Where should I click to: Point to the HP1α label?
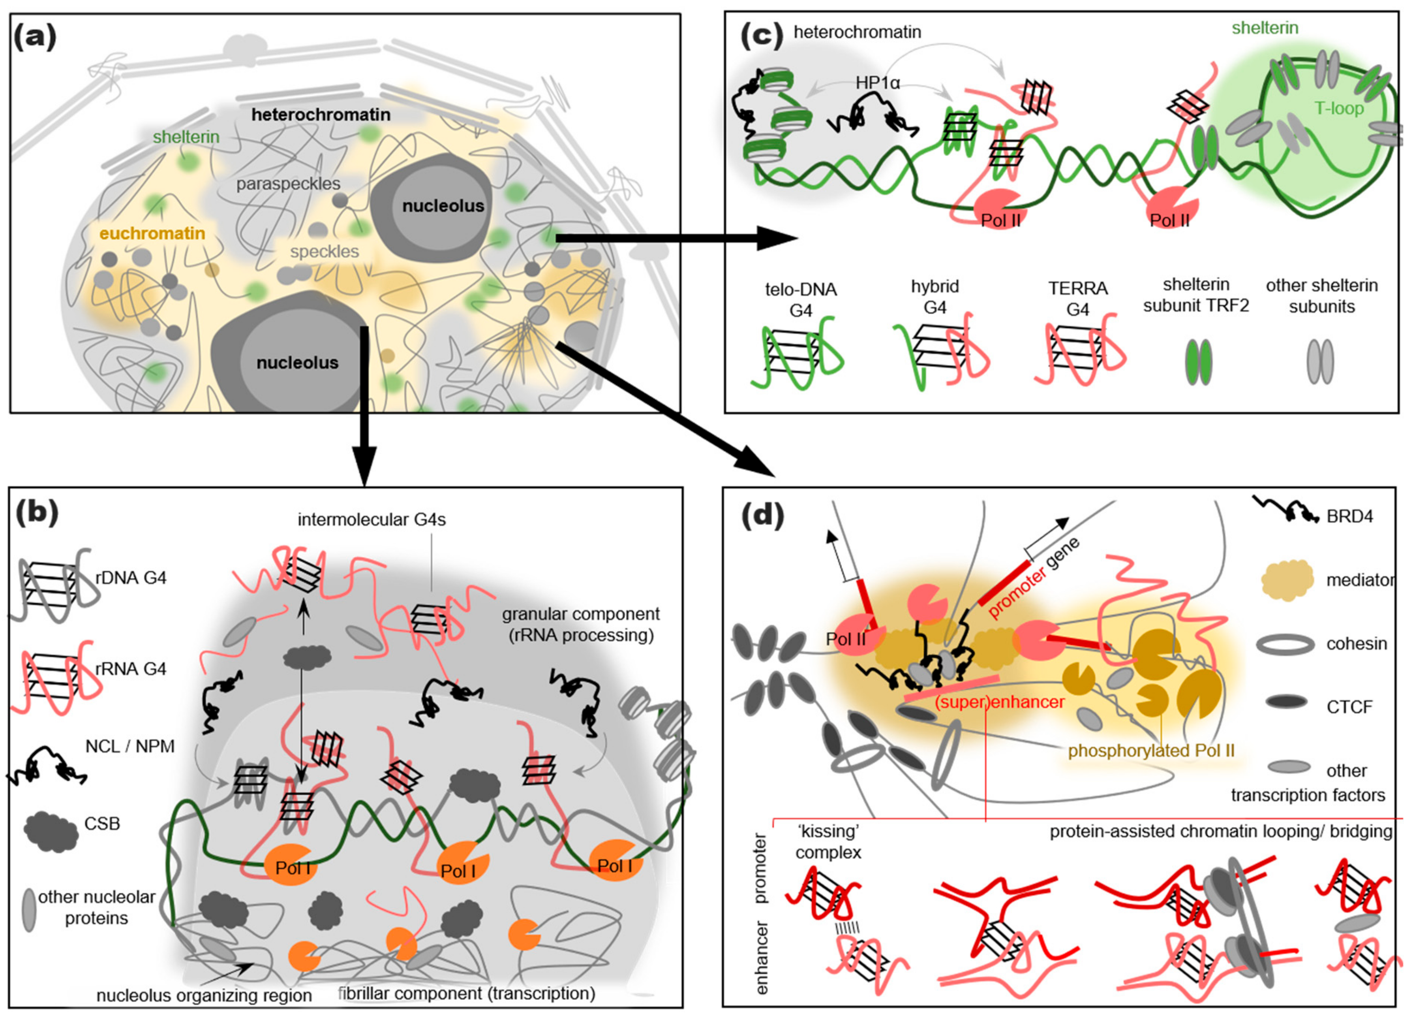coord(877,82)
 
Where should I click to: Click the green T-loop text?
coord(1338,109)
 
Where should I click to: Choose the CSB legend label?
coord(102,824)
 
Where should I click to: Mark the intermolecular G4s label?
coord(372,519)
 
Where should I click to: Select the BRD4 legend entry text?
coord(1349,516)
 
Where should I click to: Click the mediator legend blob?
coord(1287,580)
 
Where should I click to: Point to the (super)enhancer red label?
coord(999,702)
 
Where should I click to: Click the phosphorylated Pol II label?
coord(1151,751)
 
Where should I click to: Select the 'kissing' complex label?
coord(828,842)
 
